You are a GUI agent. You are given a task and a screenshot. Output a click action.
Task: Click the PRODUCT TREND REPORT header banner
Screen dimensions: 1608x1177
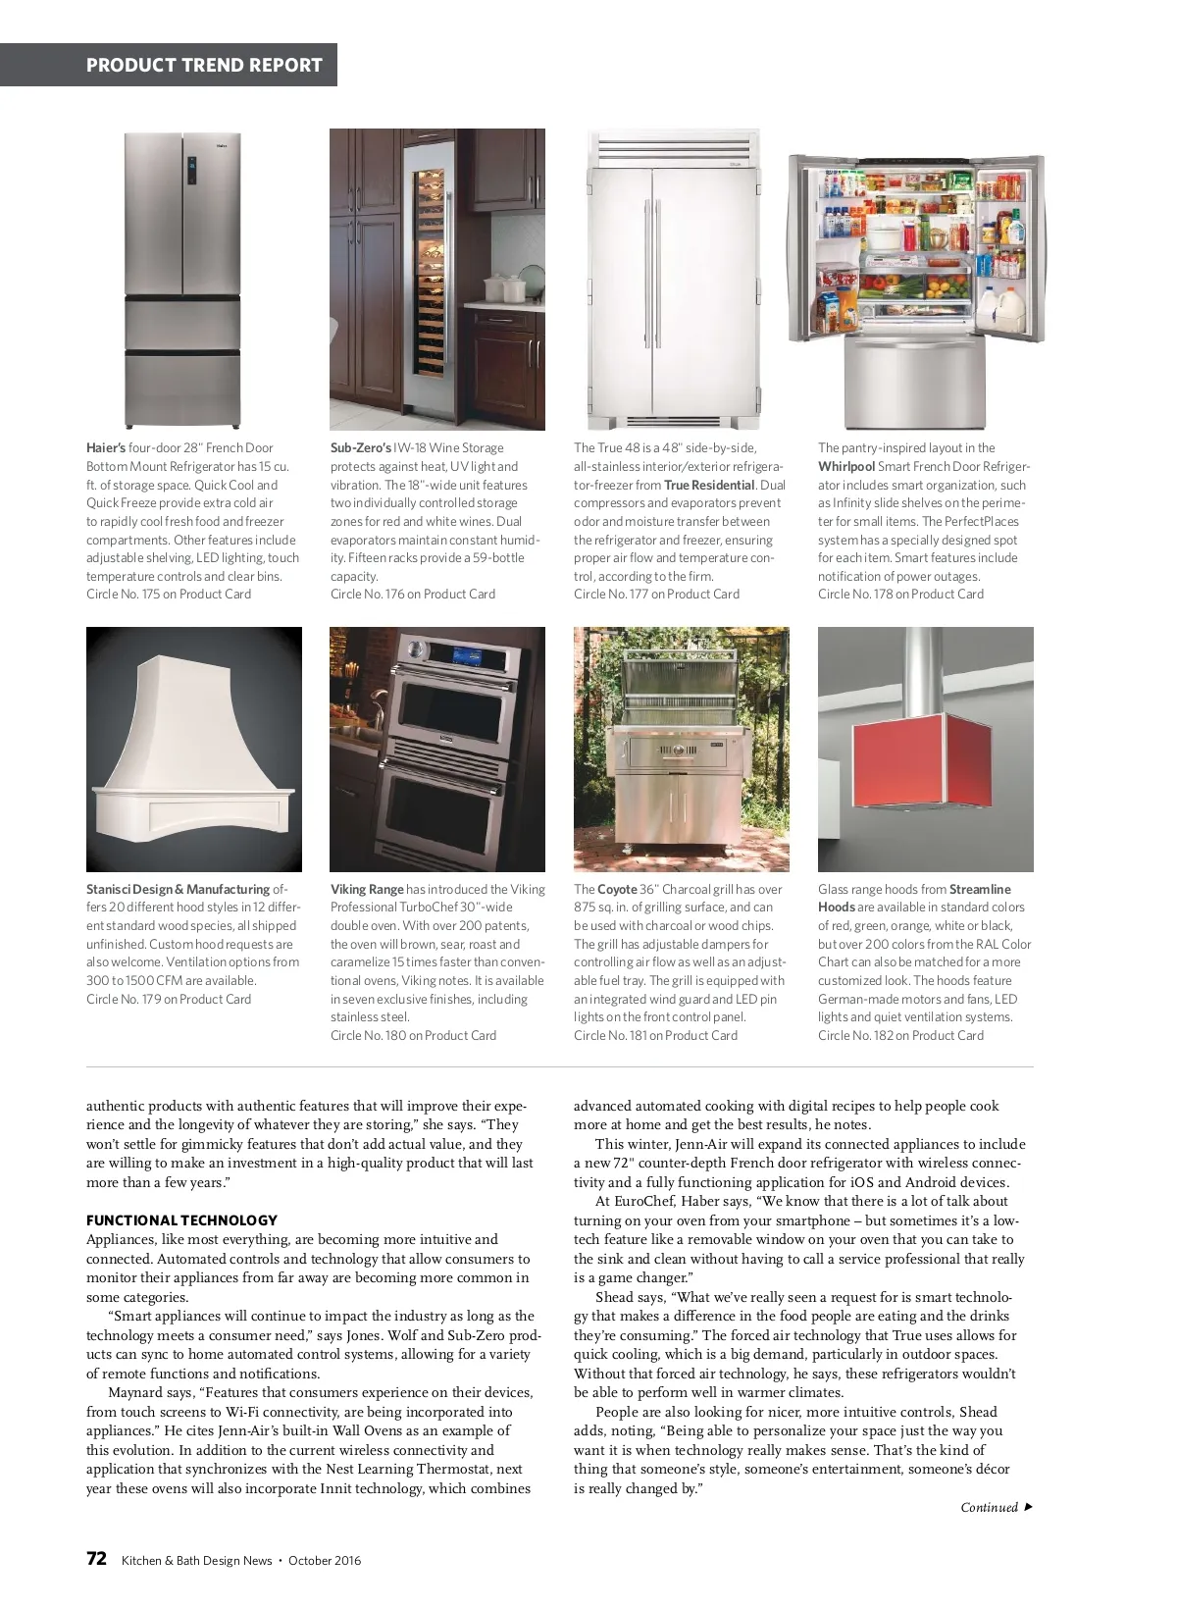pos(204,66)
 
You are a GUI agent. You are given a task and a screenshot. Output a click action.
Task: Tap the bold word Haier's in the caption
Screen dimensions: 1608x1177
pos(106,448)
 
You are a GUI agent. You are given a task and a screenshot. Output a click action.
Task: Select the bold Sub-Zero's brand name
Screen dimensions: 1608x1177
pos(360,448)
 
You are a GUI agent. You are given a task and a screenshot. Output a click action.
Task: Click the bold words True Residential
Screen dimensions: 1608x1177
pos(709,485)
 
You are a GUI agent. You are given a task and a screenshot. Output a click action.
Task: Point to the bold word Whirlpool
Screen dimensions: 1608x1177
pos(846,467)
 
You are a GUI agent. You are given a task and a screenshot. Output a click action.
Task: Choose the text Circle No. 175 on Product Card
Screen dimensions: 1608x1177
pos(169,595)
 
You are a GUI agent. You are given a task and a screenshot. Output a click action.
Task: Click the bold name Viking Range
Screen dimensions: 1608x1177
pos(367,890)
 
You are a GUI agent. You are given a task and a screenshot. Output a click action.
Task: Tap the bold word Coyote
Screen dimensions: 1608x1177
pos(618,890)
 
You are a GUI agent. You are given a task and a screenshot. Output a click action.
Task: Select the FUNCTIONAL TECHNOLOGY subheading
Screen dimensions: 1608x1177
pos(181,1220)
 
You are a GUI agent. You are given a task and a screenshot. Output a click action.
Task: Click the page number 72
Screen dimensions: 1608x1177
pos(96,1559)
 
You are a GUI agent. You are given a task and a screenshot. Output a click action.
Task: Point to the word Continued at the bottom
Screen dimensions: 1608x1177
pos(989,1508)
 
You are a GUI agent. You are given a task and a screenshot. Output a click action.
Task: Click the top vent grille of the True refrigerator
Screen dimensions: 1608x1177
pos(674,149)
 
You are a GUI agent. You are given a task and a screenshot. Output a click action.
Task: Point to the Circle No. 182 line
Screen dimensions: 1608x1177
pos(900,1036)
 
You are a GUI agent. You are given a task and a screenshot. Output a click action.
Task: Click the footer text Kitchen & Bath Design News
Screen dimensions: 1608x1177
pos(196,1561)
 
